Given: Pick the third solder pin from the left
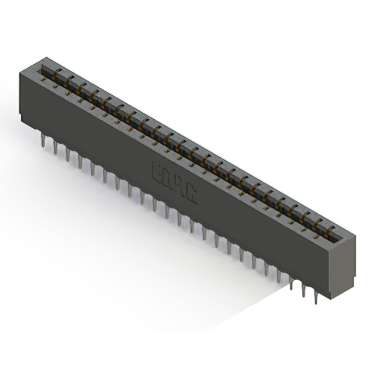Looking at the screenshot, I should pos(68,153).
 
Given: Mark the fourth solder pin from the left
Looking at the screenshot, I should pos(80,160).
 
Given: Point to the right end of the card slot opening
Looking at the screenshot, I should pos(337,238).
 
